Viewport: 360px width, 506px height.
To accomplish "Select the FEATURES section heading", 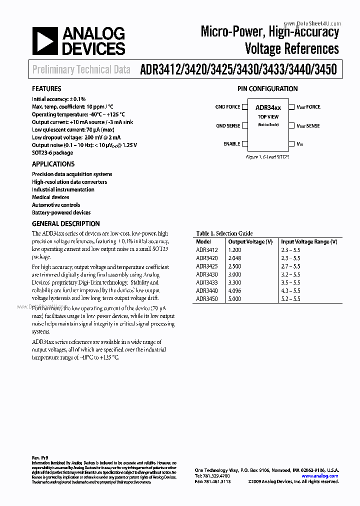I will click(46, 89).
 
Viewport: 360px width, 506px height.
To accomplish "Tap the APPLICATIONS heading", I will click(53, 164).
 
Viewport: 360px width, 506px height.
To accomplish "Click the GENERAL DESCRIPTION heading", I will click(65, 223).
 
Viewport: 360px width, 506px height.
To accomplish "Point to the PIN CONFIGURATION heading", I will click(267, 89).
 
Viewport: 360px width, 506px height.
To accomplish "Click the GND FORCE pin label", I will click(227, 107).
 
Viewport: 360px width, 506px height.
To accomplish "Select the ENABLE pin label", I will click(231, 144).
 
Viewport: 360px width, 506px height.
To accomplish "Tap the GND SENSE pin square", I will click(244, 126).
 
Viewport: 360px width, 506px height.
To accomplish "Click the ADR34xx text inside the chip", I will click(268, 107).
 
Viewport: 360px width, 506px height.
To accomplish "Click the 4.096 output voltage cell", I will click(234, 290).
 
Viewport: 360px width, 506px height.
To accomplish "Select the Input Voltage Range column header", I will click(308, 241).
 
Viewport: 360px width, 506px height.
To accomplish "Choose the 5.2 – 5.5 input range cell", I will click(290, 299).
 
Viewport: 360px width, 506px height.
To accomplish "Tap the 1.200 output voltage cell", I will click(234, 250).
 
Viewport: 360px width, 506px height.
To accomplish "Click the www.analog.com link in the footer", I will click(319, 476).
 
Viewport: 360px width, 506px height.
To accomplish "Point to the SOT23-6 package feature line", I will click(52, 153).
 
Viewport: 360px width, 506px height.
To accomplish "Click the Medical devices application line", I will click(50, 197).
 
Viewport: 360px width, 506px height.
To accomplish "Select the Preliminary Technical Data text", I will click(81, 70).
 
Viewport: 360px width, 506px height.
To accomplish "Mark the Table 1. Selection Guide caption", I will click(224, 233).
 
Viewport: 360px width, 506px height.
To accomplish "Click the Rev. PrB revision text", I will click(40, 458).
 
